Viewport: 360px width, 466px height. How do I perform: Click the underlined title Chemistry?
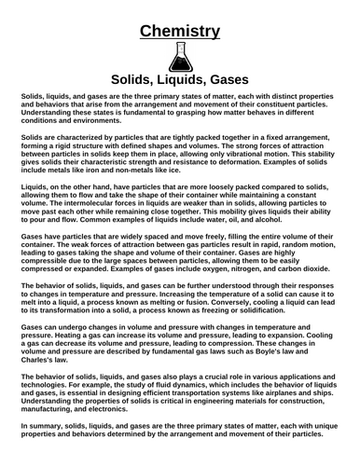tap(180, 34)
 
